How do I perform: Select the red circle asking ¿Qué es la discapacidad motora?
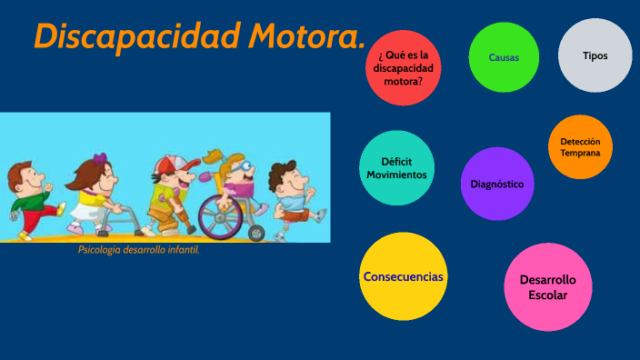403,68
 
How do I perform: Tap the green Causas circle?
504,57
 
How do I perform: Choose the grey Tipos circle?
595,55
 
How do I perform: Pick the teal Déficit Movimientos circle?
396,168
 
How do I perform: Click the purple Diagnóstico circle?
496,184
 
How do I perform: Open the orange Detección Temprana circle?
580,147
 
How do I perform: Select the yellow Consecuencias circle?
404,276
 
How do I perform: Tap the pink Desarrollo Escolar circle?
547,287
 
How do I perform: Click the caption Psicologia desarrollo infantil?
138,250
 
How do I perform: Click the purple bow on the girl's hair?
99,159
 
